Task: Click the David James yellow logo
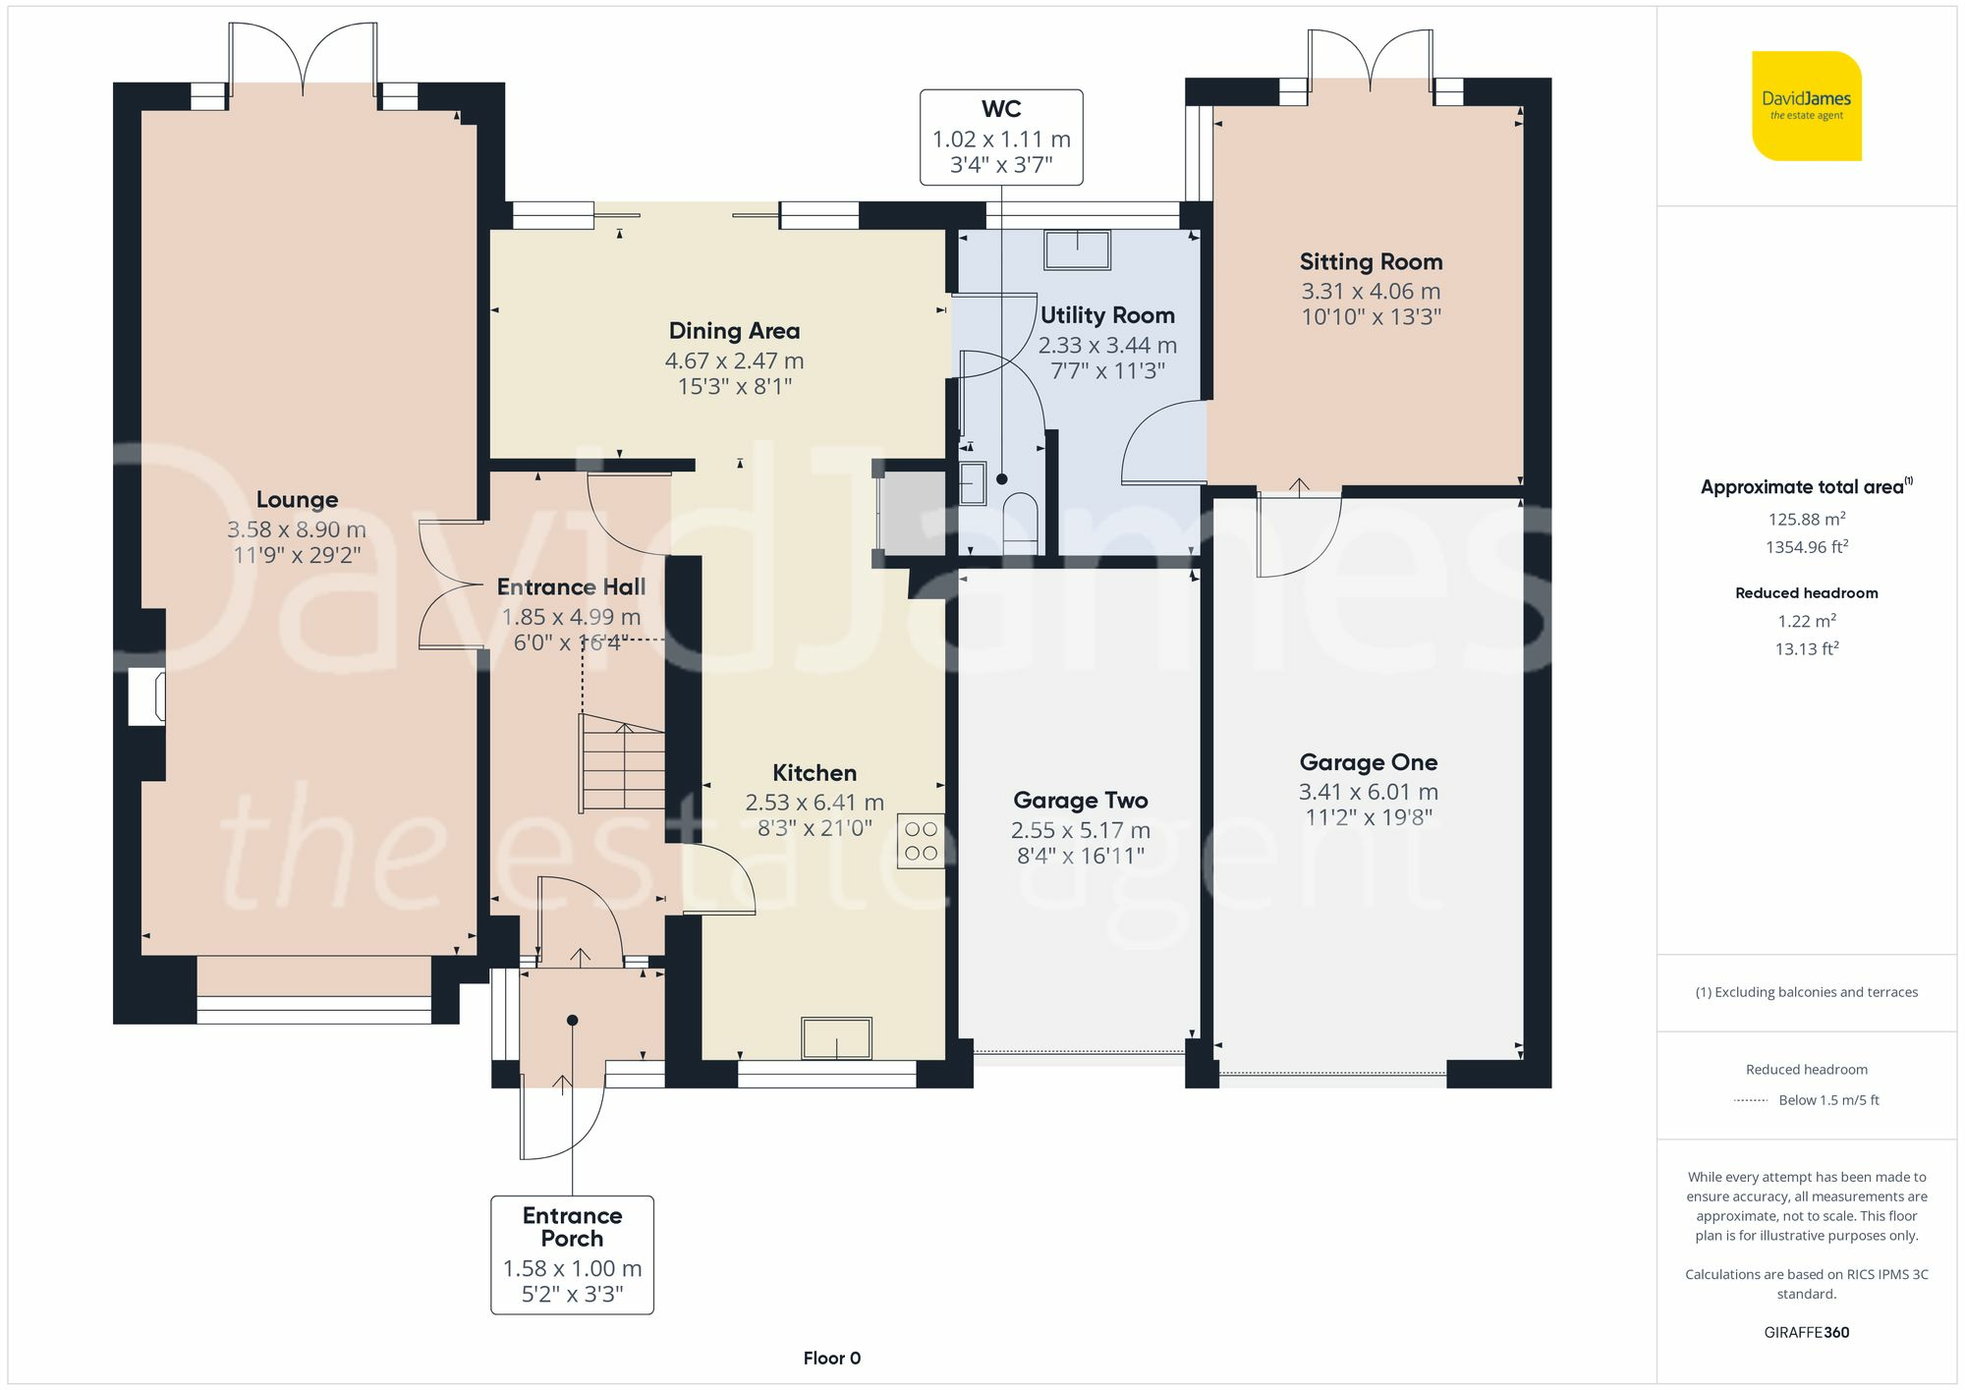(x=1807, y=106)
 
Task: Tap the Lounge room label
(x=297, y=500)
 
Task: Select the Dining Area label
(x=734, y=331)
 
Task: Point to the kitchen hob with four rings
(x=921, y=841)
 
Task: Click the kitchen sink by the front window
(x=836, y=1038)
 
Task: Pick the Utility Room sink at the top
(x=1078, y=250)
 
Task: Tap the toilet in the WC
(x=1018, y=519)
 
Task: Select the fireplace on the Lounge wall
(x=147, y=696)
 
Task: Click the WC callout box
(x=1001, y=138)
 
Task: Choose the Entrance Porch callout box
(x=572, y=1254)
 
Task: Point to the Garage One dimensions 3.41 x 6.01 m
(x=1369, y=792)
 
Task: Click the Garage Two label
(x=1081, y=801)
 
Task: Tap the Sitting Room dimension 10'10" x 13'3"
(x=1371, y=316)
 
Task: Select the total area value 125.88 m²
(x=1806, y=519)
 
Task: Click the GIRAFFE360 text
(x=1807, y=1333)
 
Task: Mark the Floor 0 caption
(x=832, y=1359)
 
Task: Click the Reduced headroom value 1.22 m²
(x=1806, y=621)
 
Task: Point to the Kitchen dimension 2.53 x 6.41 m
(x=814, y=803)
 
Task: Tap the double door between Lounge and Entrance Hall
(x=451, y=584)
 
